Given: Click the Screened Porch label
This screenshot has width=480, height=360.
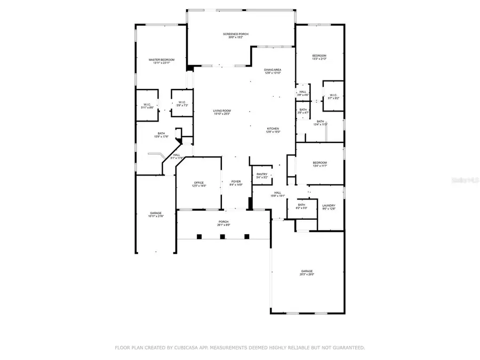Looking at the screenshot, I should (235, 34).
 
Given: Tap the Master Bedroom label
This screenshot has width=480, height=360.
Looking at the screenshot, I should (161, 60).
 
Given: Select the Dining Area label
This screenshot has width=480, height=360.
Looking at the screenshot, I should (273, 70).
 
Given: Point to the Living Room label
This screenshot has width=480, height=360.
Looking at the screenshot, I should (222, 111).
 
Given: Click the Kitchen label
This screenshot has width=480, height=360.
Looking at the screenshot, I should (273, 129).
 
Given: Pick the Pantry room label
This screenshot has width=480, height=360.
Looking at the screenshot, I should (262, 174).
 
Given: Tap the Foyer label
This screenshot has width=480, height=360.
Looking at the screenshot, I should (236, 182).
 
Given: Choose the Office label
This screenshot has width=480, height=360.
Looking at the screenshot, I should (198, 183).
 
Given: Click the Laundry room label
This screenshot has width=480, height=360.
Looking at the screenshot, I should (329, 205).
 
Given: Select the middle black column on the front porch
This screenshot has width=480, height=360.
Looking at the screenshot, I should (222, 236).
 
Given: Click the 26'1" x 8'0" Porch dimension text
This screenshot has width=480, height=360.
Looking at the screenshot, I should (223, 225).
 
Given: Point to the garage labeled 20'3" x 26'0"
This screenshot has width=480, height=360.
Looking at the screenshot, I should (307, 271).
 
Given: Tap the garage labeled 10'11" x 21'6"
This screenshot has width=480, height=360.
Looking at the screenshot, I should (155, 213).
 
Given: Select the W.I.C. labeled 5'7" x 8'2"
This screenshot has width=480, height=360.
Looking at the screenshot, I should (333, 96).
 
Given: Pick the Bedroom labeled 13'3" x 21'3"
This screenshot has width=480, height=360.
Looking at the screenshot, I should (319, 56).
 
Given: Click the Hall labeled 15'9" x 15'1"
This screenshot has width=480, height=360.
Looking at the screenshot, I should (277, 193).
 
